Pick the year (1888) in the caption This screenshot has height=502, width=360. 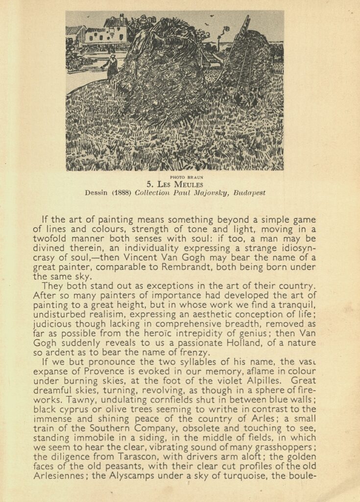120,193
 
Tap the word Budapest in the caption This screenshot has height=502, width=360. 249,193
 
